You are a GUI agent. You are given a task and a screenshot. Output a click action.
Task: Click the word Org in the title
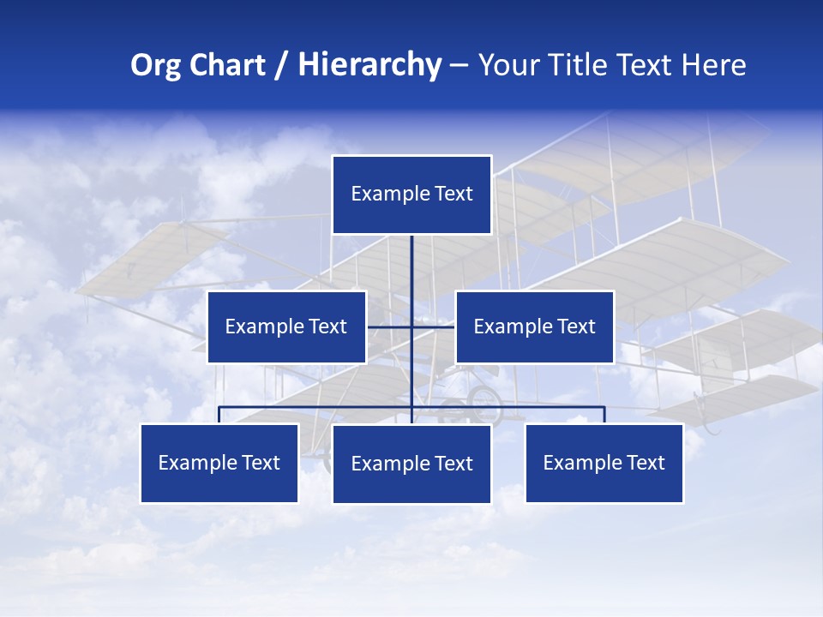pos(154,65)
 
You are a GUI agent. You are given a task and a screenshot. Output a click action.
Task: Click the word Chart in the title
pos(226,65)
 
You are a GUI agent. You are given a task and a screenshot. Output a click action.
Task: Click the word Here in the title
pos(713,65)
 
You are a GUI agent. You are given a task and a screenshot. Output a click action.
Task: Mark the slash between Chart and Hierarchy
pos(281,65)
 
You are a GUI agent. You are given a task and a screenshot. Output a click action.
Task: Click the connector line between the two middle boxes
pos(390,326)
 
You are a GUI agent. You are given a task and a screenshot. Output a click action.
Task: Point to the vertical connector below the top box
pos(411,266)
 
